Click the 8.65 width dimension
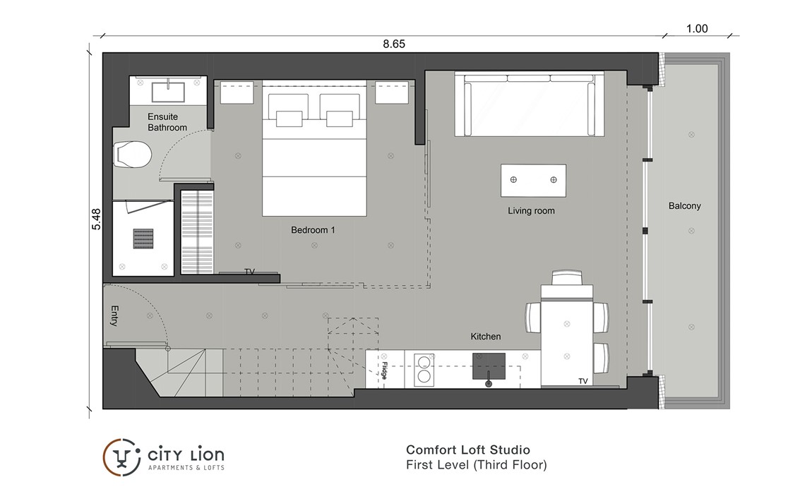pos(393,44)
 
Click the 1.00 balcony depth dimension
pos(696,28)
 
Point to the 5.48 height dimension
pos(96,219)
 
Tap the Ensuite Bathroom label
pos(167,122)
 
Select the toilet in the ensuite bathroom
pos(132,155)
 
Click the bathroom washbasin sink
pos(168,92)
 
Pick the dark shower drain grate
pos(143,239)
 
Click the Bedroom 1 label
pos(313,230)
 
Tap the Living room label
pos(531,211)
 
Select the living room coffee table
pos(533,180)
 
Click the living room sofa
pos(530,104)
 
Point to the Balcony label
pos(684,206)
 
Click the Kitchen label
pos(485,337)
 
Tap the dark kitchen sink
pos(489,366)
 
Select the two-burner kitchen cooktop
pos(424,369)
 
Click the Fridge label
pos(384,370)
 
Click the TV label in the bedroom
pos(250,271)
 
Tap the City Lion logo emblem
pos(121,457)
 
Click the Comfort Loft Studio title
pos(467,450)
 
